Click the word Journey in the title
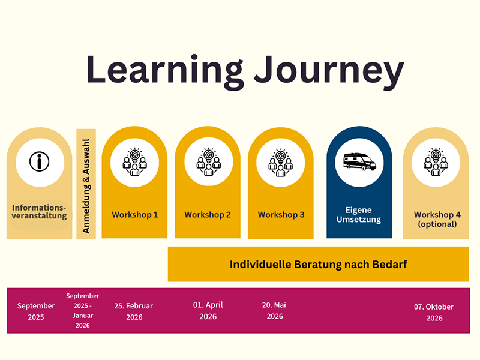[x=329, y=72]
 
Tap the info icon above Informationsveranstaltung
[x=40, y=161]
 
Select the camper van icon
[x=359, y=161]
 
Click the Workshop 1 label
[x=134, y=215]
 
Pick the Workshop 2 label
[x=208, y=215]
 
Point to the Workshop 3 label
[x=281, y=215]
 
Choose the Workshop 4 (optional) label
[x=437, y=219]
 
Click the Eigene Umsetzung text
[x=359, y=215]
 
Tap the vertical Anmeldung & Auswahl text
[x=86, y=186]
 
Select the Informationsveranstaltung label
[x=39, y=212]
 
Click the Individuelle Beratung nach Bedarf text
[x=319, y=264]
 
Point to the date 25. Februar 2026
[x=134, y=311]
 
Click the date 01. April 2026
[x=208, y=310]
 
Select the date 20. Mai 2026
[x=274, y=310]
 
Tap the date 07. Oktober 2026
[x=434, y=312]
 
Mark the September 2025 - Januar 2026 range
[x=83, y=310]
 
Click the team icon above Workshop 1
[x=134, y=161]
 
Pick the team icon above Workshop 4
[x=436, y=161]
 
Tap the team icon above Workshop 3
[x=280, y=163]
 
